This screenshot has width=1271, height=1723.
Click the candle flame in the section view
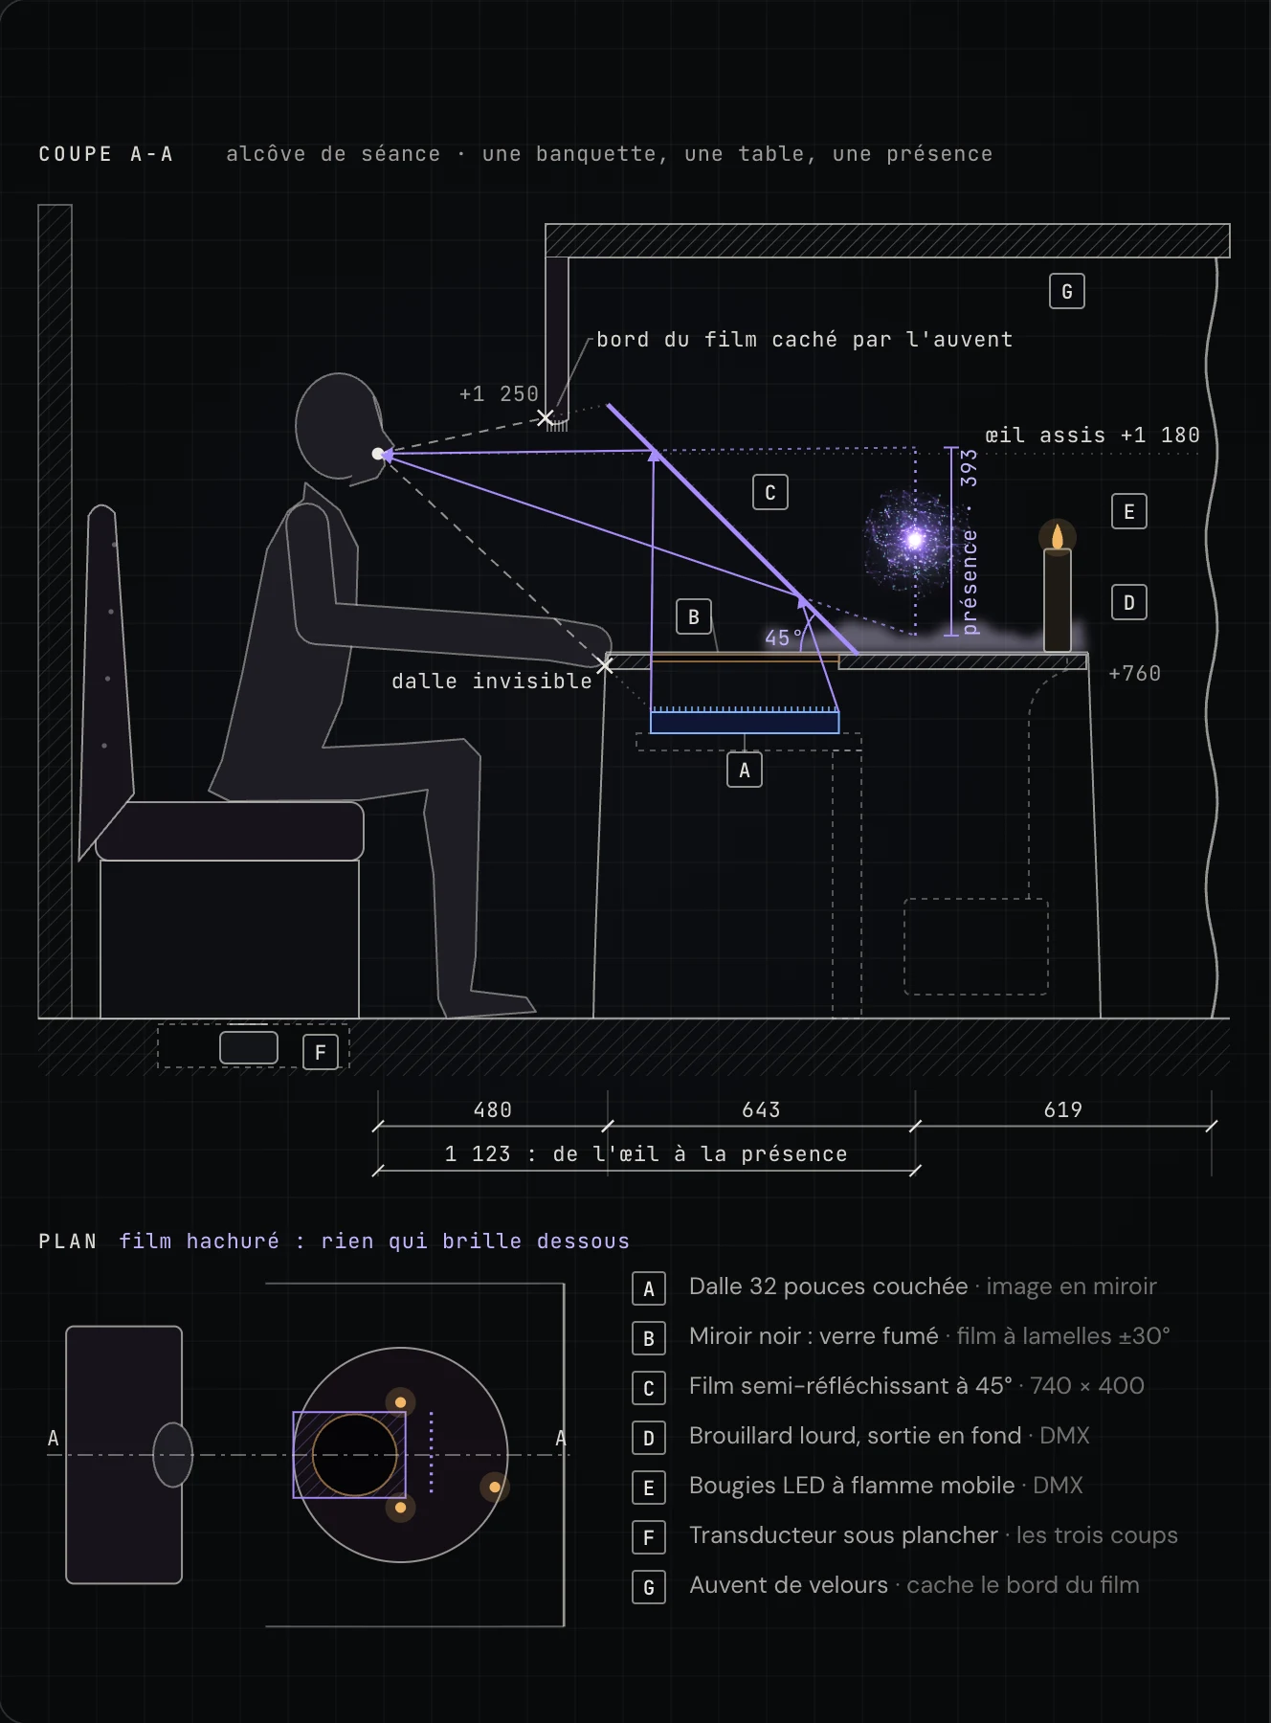click(x=1058, y=536)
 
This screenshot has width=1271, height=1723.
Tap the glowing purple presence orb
click(x=914, y=540)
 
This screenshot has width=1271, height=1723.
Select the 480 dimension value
click(x=493, y=1109)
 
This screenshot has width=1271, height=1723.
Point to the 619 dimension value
click(x=1062, y=1109)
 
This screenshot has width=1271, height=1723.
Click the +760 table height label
click(x=1134, y=673)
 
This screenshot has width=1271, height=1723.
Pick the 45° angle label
click(x=784, y=638)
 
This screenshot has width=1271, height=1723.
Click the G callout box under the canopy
click(x=1067, y=292)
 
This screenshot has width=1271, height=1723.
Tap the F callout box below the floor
click(x=321, y=1052)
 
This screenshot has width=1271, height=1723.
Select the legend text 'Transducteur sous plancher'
click(x=843, y=1535)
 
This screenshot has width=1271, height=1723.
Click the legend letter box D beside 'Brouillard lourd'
click(x=649, y=1438)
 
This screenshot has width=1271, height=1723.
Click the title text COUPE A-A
click(x=105, y=154)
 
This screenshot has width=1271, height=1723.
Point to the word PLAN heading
click(x=68, y=1242)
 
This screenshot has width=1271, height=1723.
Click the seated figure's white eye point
click(x=378, y=454)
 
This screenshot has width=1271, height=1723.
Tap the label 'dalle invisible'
click(x=492, y=681)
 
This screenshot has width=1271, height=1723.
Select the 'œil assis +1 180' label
click(x=1092, y=436)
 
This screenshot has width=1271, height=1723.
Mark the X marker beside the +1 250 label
click(x=546, y=417)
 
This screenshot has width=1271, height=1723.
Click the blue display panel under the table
click(x=745, y=722)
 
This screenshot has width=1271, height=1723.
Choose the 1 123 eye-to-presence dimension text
click(x=646, y=1153)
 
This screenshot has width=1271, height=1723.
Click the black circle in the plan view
click(x=354, y=1454)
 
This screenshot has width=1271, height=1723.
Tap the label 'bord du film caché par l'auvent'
click(x=804, y=340)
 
